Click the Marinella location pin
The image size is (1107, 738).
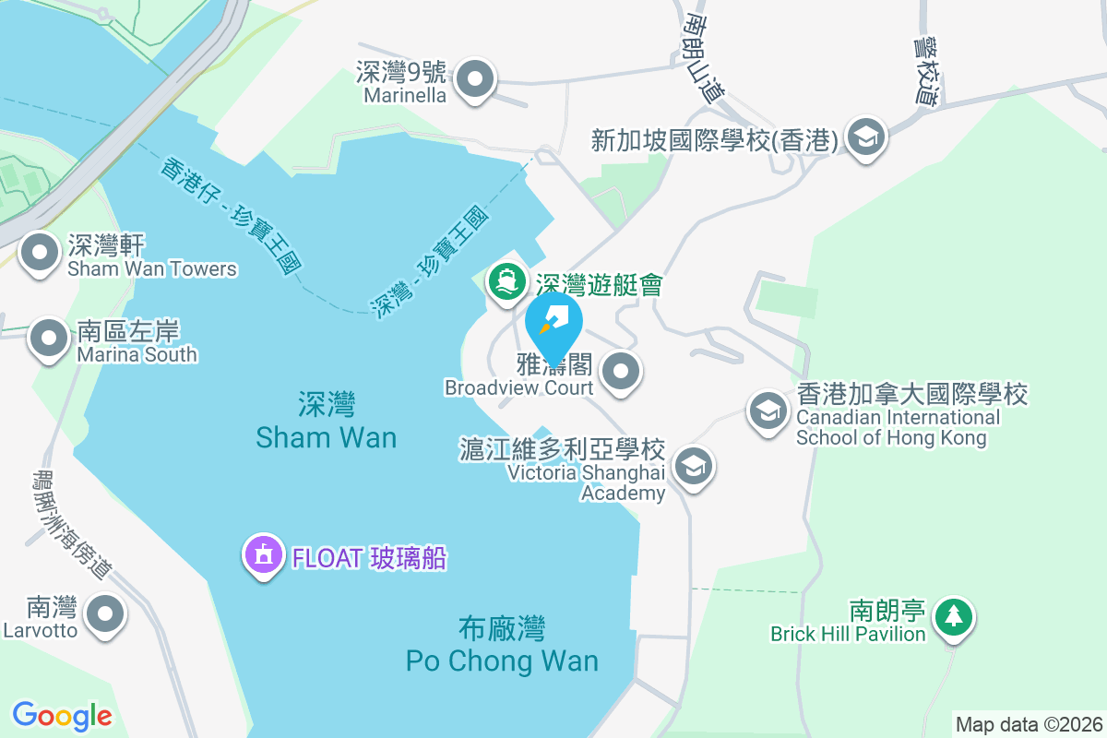point(475,79)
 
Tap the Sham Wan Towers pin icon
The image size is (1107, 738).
point(40,254)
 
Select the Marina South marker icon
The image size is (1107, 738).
point(49,339)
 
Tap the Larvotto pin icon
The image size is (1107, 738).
point(104,613)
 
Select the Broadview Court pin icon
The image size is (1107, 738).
point(621,372)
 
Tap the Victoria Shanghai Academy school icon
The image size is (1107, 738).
point(694,466)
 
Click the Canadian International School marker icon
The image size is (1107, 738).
point(768,411)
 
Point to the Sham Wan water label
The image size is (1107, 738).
point(327,421)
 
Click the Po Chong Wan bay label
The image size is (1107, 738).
point(502,646)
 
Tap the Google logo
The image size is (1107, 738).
point(62,715)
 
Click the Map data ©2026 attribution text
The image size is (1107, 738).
point(1029,724)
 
